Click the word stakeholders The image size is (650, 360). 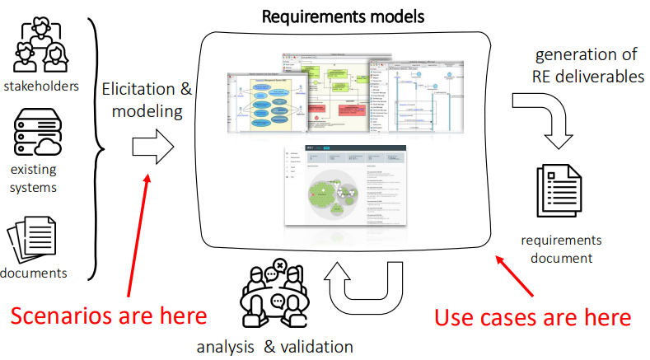[x=40, y=85]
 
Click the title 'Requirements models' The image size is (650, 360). [x=343, y=16]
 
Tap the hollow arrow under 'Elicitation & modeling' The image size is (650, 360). [x=153, y=148]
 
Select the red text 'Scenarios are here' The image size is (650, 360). [x=109, y=316]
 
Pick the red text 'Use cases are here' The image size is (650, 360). [x=533, y=316]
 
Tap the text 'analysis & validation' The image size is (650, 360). [x=274, y=346]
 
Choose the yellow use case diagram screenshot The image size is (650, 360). [x=268, y=103]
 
